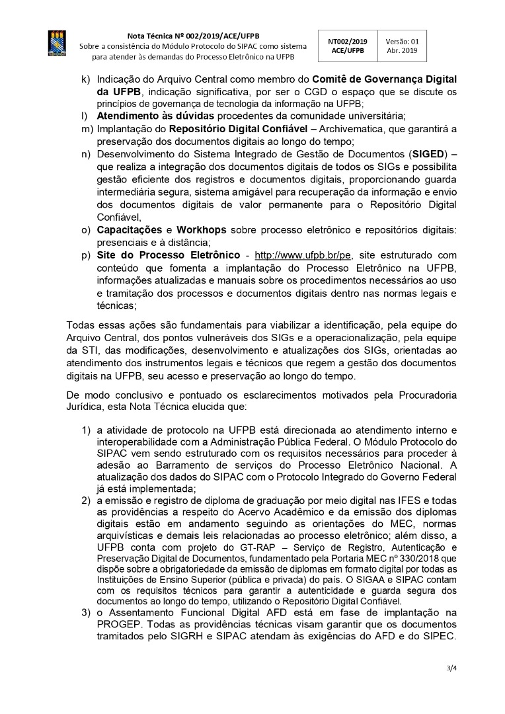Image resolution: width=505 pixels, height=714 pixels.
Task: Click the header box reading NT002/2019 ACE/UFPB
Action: point(347,46)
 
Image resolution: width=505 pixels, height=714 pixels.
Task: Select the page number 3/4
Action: point(452,668)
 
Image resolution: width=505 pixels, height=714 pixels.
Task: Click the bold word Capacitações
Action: point(130,230)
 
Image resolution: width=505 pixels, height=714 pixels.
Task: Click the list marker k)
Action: point(85,79)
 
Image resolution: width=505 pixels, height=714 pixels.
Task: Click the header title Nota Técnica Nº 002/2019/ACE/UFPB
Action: point(193,36)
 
